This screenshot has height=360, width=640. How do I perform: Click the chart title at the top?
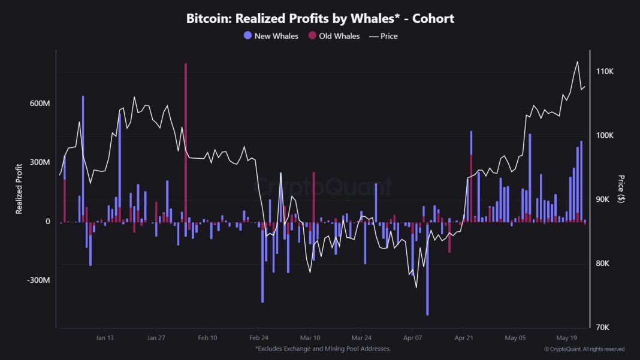[320, 19]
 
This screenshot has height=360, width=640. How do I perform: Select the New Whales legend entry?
[271, 36]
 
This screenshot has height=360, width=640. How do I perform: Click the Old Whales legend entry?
[334, 36]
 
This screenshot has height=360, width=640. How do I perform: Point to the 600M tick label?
[40, 103]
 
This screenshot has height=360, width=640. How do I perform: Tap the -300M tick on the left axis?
[39, 280]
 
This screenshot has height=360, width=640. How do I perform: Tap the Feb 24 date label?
[259, 337]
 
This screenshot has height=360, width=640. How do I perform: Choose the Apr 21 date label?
[464, 337]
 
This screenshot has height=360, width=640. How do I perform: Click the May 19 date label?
[567, 337]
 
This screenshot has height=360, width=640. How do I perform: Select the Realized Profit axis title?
[19, 188]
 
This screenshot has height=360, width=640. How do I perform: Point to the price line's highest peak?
[577, 62]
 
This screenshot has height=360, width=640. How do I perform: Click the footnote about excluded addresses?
[323, 349]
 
